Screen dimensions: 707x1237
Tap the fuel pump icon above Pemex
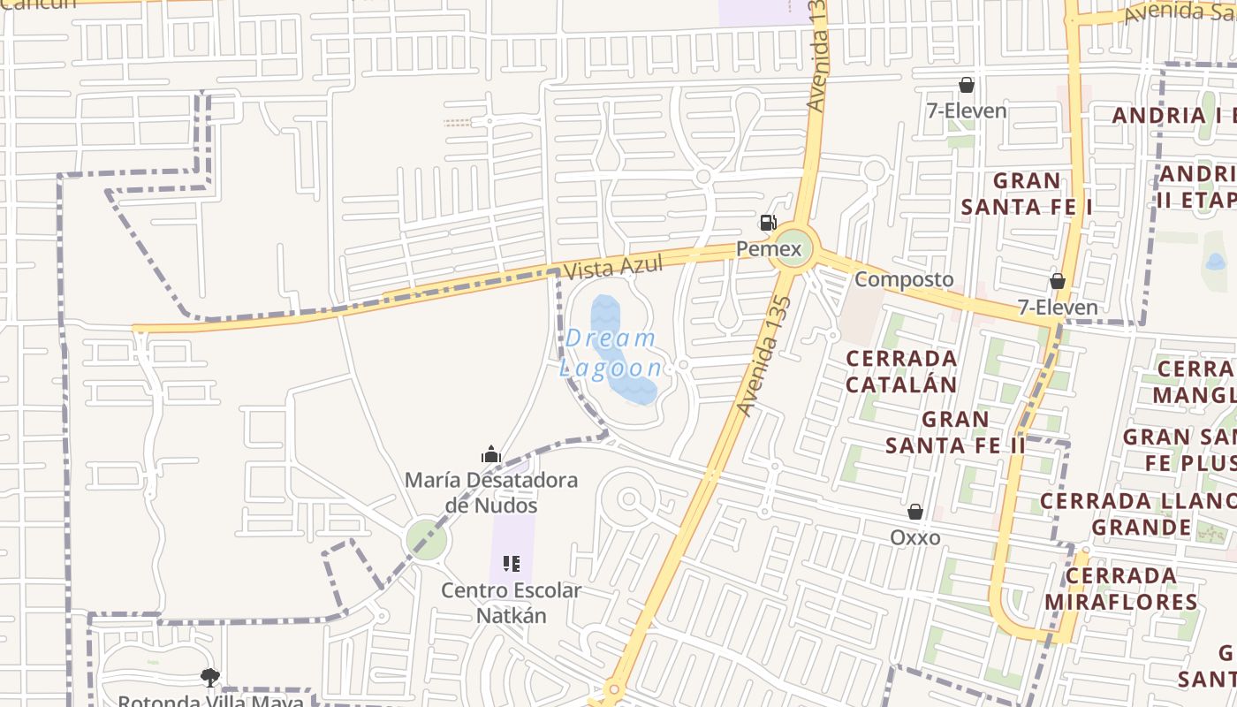[768, 223]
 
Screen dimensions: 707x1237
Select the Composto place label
[904, 279]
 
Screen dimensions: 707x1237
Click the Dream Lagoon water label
[611, 353]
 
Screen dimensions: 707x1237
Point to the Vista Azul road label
[613, 267]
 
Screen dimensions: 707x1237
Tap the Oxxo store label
[914, 537]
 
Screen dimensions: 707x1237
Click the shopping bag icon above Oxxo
[915, 512]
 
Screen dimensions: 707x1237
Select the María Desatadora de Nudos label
[491, 493]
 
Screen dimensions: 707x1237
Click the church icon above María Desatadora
[491, 455]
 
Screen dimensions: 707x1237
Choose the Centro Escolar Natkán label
[512, 603]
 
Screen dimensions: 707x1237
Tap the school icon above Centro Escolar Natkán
[511, 564]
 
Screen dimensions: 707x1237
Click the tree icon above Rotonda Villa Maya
[209, 678]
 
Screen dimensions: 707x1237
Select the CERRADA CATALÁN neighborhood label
[901, 371]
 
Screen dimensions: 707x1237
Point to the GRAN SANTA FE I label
[1027, 194]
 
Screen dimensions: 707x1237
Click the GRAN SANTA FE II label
[955, 431]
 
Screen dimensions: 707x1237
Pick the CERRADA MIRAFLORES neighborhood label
[1121, 589]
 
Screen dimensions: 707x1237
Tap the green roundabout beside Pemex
[790, 248]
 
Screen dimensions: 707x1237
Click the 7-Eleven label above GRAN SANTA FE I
[966, 111]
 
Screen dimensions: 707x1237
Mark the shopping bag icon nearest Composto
[1057, 282]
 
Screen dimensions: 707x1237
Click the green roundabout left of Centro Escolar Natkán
[427, 539]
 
